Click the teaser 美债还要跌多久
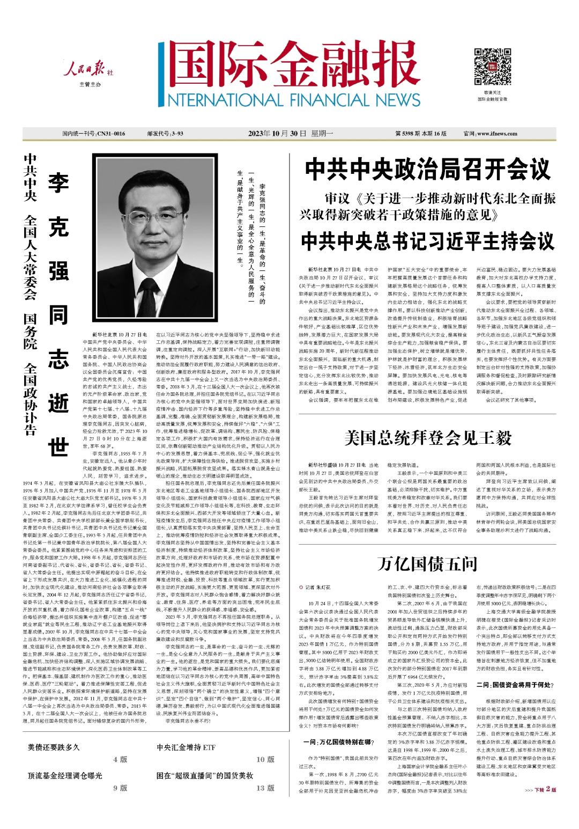(x=54, y=747)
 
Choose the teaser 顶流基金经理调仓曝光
(x=65, y=775)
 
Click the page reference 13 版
(x=265, y=788)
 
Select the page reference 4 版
(x=120, y=759)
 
